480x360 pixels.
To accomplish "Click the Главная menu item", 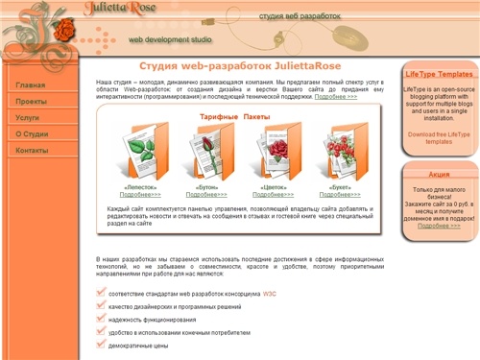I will point(31,85).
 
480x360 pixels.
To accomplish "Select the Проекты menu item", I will point(32,101).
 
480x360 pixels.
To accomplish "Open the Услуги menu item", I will point(28,117).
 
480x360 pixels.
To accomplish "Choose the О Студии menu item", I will point(33,134).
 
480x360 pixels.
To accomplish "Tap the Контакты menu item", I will point(33,151).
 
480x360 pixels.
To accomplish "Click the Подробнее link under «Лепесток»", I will point(140,195).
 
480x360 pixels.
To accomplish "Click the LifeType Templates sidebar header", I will point(439,74).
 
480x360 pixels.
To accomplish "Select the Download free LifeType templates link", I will point(439,137).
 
